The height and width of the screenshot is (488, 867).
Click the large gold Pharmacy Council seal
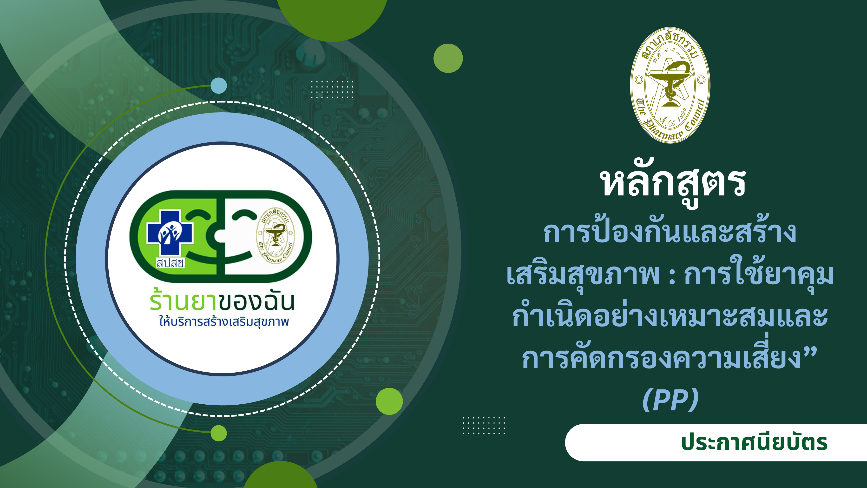tap(670, 85)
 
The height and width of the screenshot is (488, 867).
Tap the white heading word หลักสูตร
tap(673, 184)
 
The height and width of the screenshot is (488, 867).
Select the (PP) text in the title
tap(670, 400)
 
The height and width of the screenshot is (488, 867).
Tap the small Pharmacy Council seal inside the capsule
tap(275, 236)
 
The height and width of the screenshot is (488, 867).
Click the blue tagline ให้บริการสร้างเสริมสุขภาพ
tap(224, 322)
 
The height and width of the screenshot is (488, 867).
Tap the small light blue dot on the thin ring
tap(219, 86)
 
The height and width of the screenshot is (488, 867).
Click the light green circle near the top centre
tap(448, 58)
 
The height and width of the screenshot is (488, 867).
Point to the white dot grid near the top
tap(332, 89)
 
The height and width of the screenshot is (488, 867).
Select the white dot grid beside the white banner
tap(484, 425)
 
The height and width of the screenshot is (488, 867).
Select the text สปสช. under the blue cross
tap(171, 263)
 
